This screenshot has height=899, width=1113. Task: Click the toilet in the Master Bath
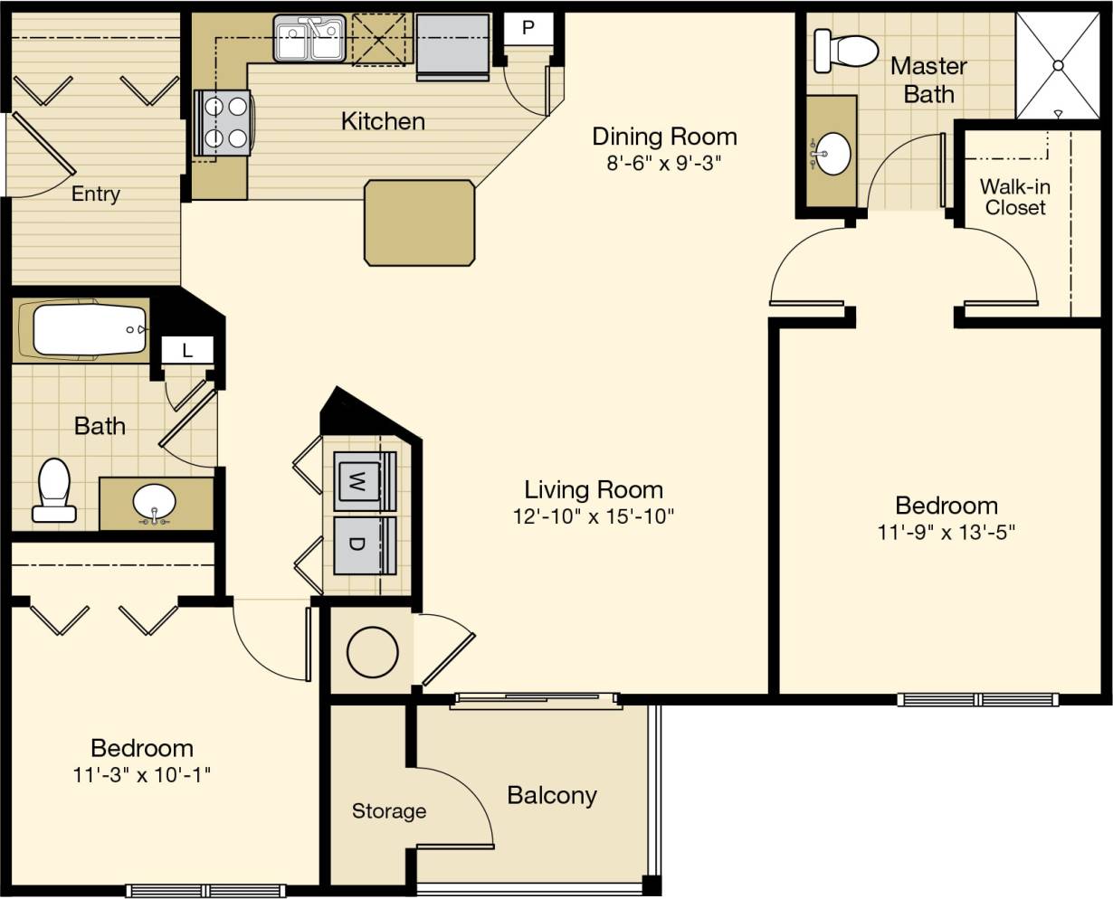843,50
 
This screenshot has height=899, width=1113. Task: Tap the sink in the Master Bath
831,153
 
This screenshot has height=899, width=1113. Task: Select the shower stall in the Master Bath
1057,66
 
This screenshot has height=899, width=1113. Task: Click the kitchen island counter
419,222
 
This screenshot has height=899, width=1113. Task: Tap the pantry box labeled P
528,28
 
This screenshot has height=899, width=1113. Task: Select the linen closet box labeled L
187,350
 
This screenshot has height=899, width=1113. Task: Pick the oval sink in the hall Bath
155,502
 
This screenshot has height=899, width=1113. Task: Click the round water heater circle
372,651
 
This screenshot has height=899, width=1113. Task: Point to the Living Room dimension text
593,516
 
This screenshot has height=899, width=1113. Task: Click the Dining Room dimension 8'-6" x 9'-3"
664,164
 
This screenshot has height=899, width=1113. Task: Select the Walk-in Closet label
1015,197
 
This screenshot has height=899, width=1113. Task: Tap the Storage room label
388,811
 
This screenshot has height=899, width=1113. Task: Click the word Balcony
551,796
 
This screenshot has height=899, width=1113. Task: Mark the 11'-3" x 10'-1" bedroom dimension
142,775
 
